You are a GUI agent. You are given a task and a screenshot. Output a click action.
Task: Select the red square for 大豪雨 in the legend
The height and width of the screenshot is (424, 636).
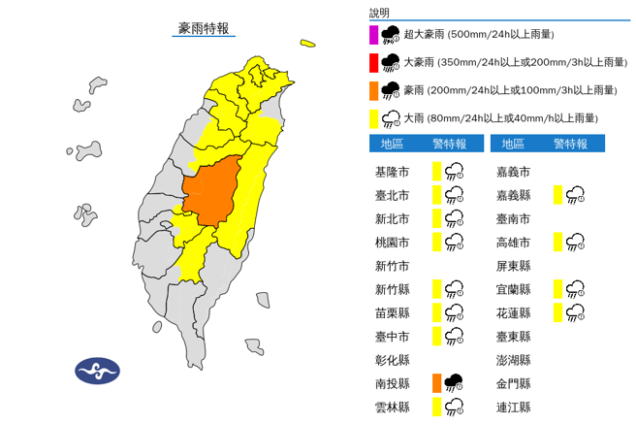[374, 63]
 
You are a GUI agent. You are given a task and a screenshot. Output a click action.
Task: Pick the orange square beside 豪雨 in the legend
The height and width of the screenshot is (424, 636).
[374, 90]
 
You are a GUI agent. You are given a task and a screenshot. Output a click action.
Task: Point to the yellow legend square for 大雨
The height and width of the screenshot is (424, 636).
[374, 118]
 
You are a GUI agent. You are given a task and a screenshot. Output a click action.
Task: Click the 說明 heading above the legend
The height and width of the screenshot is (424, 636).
[379, 13]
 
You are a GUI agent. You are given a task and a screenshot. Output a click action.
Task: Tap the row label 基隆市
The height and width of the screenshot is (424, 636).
[391, 172]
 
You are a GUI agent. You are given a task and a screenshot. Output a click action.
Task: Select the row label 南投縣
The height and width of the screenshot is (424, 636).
[391, 383]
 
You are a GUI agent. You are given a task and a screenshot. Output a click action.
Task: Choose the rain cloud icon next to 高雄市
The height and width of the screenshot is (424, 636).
[575, 242]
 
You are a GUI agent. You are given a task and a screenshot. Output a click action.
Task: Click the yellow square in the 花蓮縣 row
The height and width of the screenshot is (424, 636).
[558, 312]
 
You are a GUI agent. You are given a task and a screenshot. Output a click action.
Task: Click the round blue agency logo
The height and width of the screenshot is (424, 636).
[98, 370]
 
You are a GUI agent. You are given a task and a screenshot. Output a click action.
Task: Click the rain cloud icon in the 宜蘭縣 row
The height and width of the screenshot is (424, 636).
[575, 289]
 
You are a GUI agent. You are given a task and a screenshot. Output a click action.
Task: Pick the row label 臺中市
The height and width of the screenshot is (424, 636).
[391, 337]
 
